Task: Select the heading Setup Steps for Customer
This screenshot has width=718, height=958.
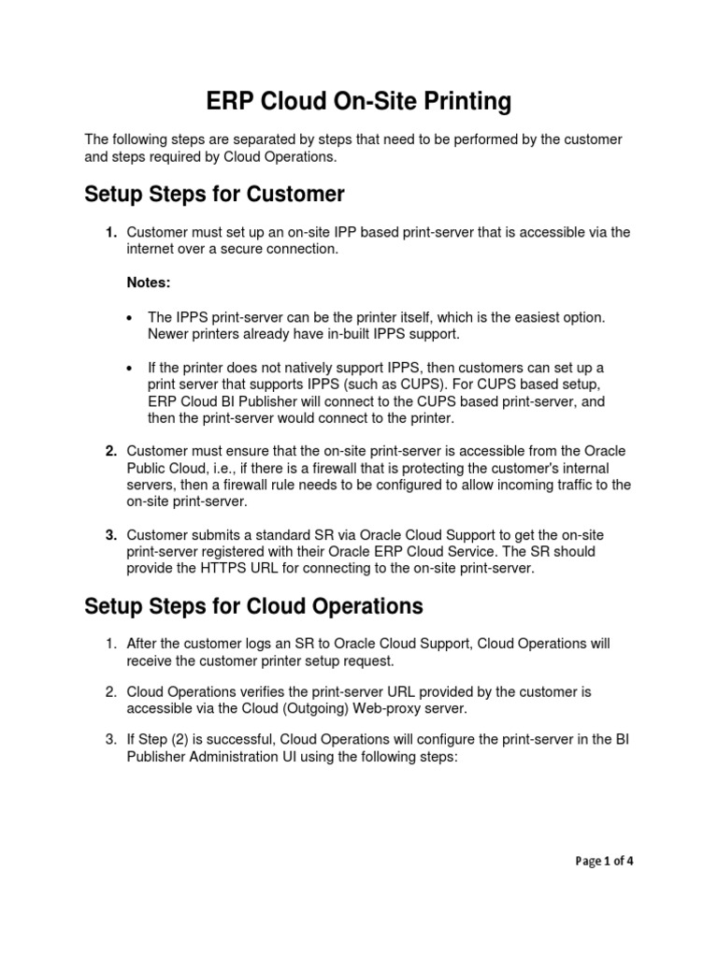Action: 214,195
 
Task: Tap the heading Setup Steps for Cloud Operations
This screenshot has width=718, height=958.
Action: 253,606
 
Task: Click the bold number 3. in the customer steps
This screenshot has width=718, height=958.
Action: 110,535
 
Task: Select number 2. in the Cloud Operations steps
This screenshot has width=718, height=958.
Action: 110,692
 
